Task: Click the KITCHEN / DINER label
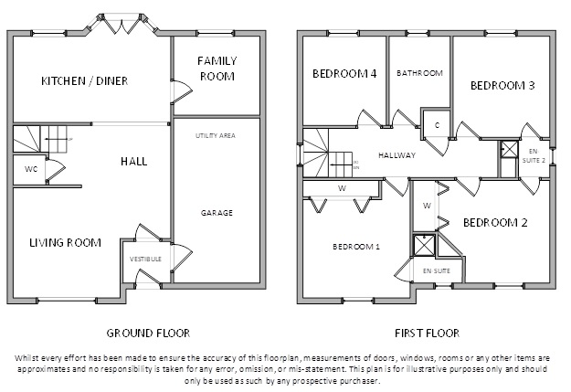[84, 81]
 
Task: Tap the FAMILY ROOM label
[217, 69]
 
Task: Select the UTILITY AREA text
[216, 135]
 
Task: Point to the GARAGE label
[217, 213]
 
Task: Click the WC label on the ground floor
[31, 169]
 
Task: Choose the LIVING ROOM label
[64, 242]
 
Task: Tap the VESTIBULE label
[145, 260]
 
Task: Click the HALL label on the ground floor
[133, 162]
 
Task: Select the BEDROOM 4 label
[345, 75]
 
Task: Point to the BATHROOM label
[419, 73]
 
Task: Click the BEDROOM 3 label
[502, 86]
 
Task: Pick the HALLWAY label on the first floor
[397, 155]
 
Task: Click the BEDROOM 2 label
[496, 222]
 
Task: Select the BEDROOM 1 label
[355, 247]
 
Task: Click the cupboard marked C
[438, 124]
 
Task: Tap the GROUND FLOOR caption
[148, 334]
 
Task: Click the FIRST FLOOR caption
[428, 334]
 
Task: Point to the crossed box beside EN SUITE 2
[508, 150]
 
